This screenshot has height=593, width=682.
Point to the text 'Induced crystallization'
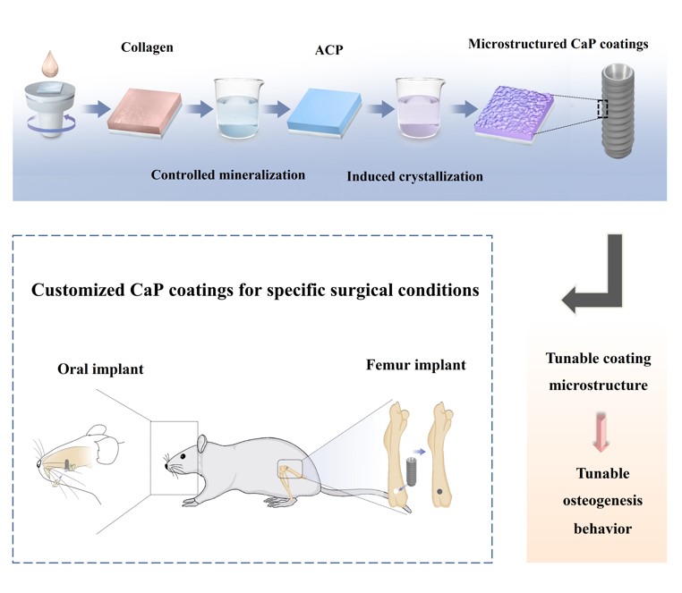point(414,176)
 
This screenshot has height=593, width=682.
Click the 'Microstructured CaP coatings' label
point(558,43)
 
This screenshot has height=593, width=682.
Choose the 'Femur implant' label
point(416,365)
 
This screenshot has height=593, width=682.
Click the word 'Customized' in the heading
point(84,292)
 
